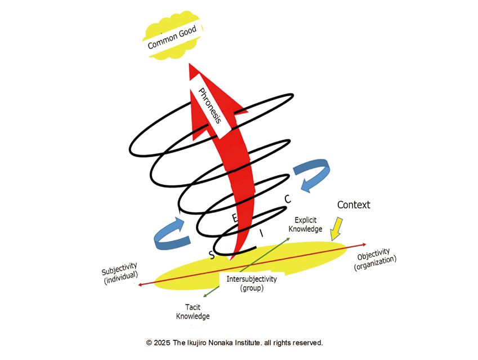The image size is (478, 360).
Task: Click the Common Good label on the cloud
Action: coord(172,38)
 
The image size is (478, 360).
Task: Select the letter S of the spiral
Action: coord(212,255)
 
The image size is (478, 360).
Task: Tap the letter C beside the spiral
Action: coord(288,199)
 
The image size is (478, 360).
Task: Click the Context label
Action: coord(354,205)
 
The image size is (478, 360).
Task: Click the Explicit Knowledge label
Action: coord(305,225)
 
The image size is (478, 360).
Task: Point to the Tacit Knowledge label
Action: coord(193,312)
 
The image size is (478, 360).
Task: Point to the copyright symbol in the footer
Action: coord(149,343)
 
